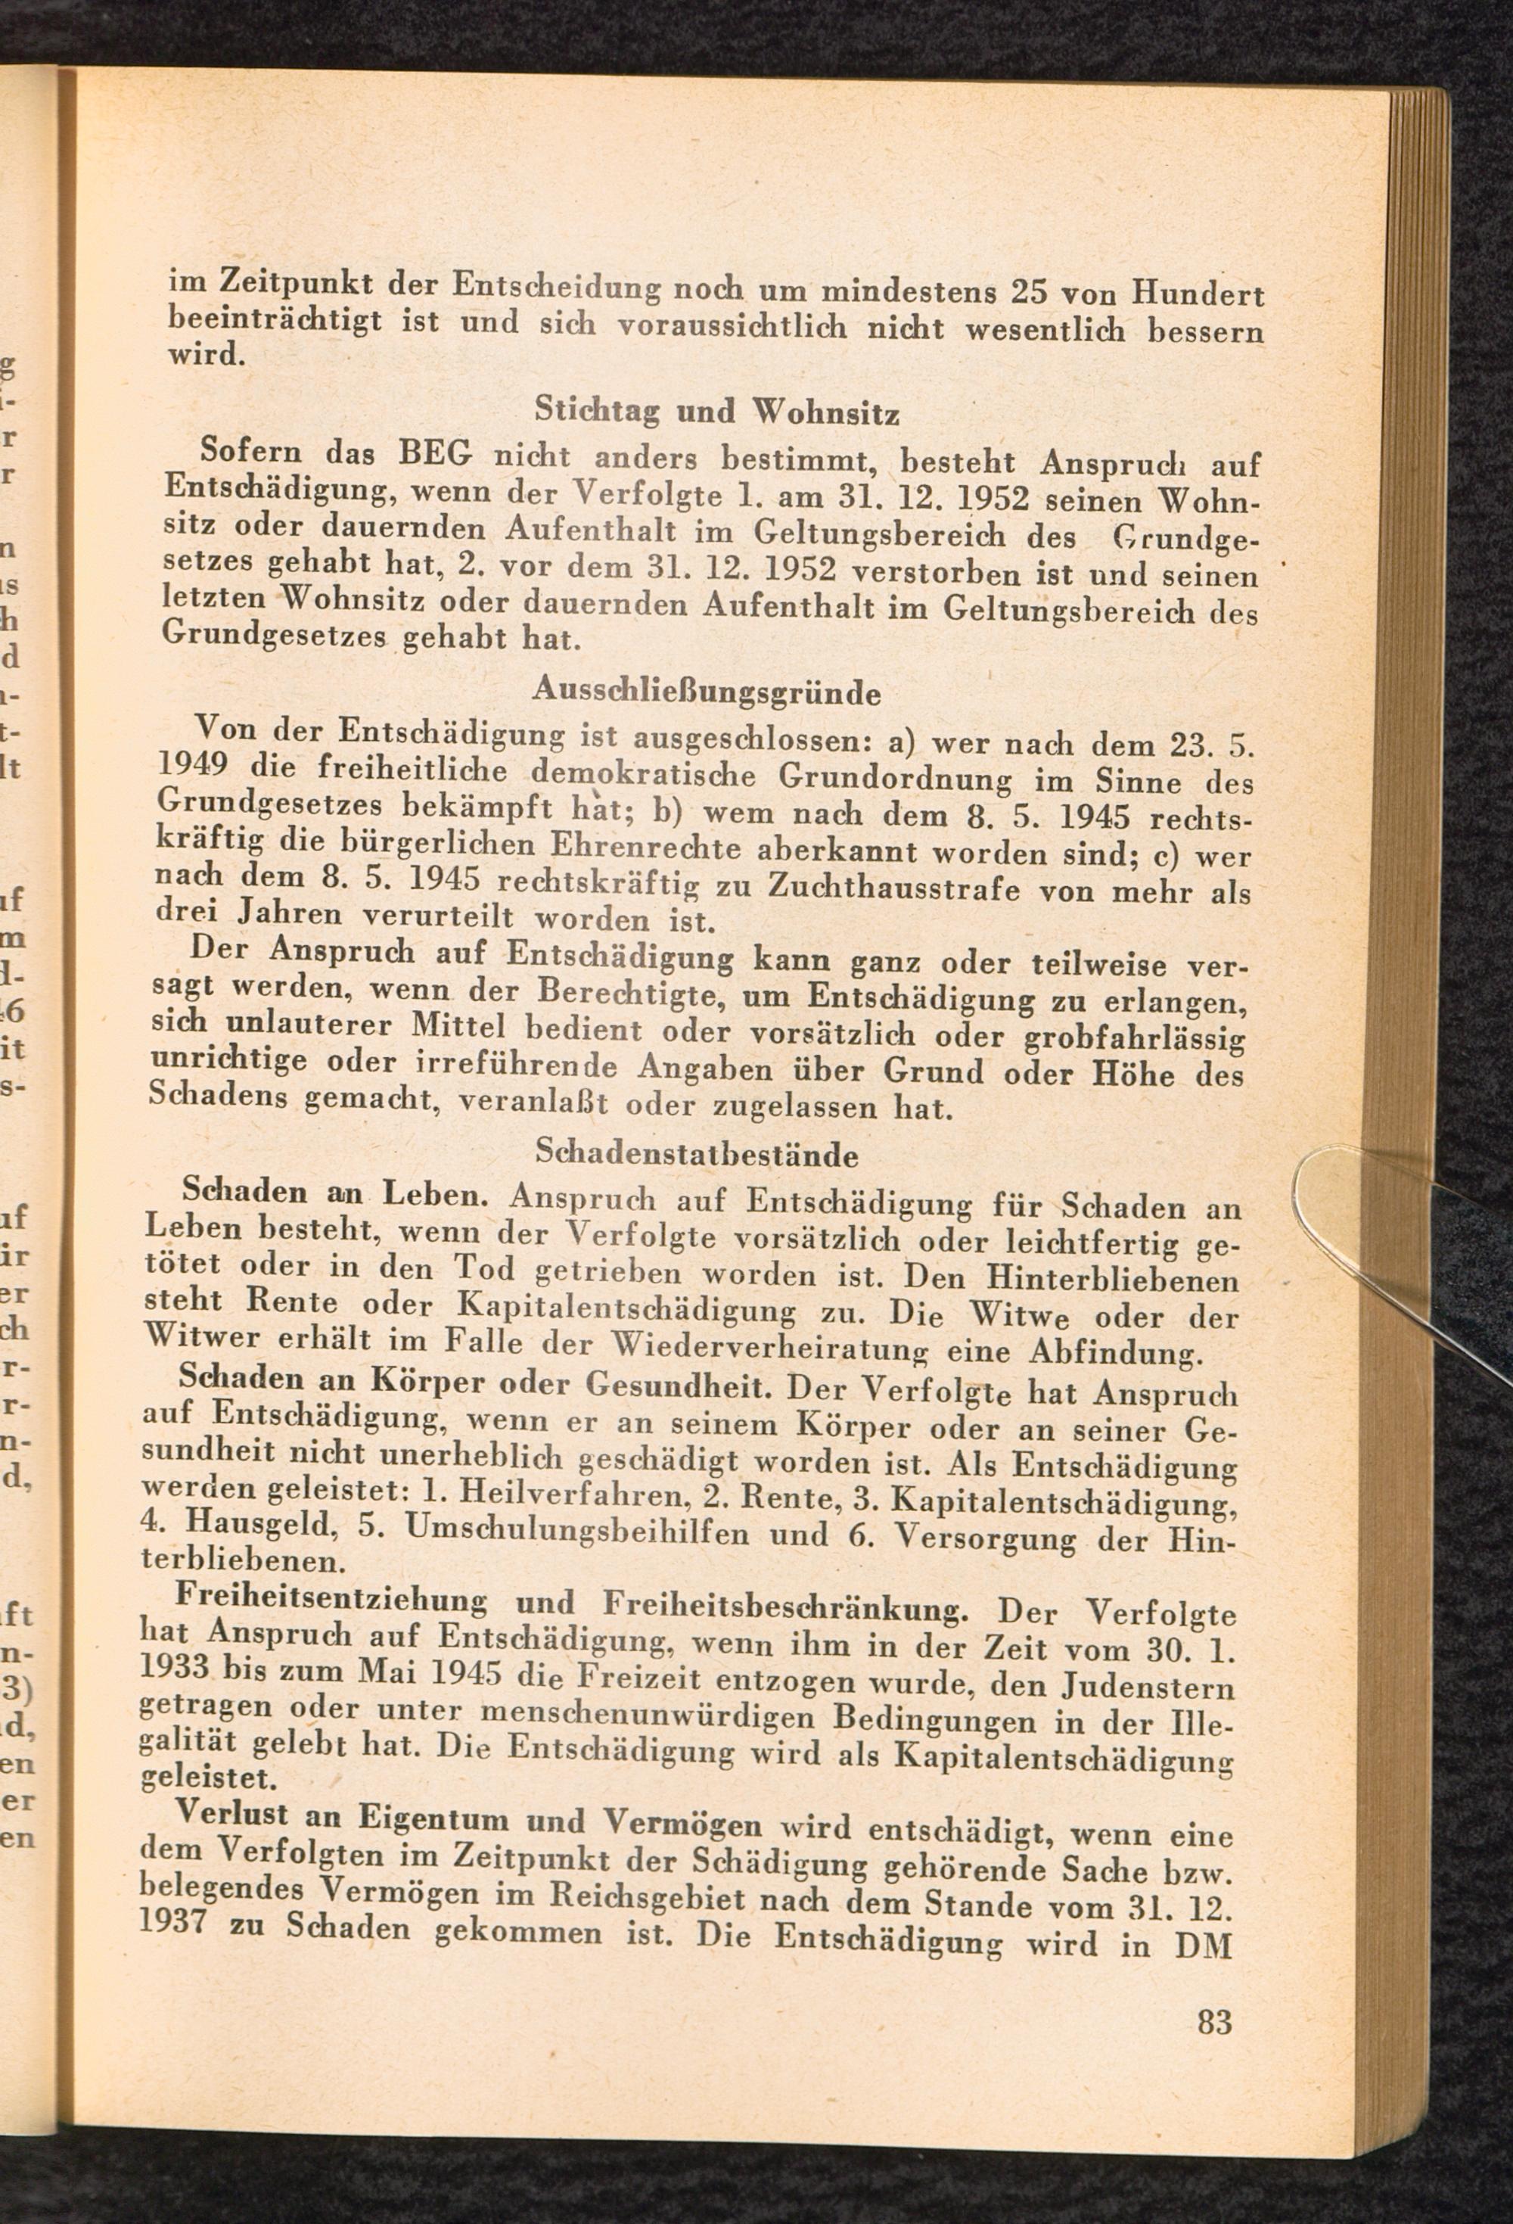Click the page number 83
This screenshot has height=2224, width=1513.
[1213, 2022]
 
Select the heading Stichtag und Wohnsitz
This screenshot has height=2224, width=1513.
[716, 412]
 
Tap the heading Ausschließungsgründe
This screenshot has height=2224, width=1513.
[707, 690]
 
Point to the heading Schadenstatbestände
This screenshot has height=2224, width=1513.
[697, 1154]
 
